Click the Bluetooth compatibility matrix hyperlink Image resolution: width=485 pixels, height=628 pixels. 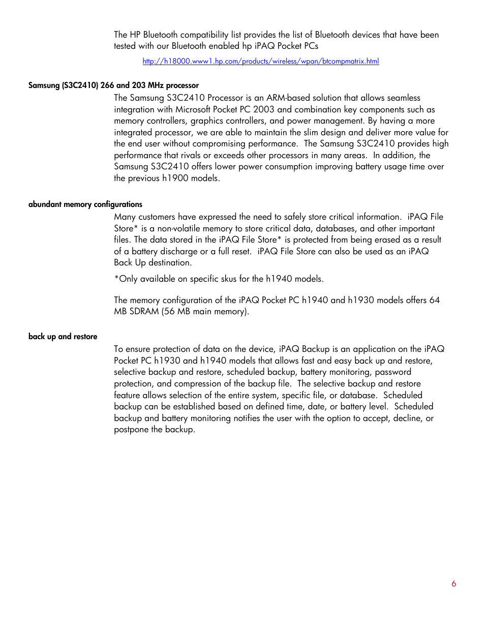coord(260,61)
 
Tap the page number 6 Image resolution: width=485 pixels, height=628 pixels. coord(453,584)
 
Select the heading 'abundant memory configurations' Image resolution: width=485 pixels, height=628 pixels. coord(85,204)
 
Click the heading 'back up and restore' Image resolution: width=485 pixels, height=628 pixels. coord(63,337)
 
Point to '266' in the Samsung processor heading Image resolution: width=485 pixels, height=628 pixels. coord(107,85)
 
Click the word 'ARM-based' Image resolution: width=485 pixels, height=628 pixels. coord(286,98)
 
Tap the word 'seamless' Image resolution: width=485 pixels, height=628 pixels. coord(404,98)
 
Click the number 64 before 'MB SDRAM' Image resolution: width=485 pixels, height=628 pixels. coord(434,300)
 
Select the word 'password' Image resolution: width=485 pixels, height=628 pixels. coord(393,372)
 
